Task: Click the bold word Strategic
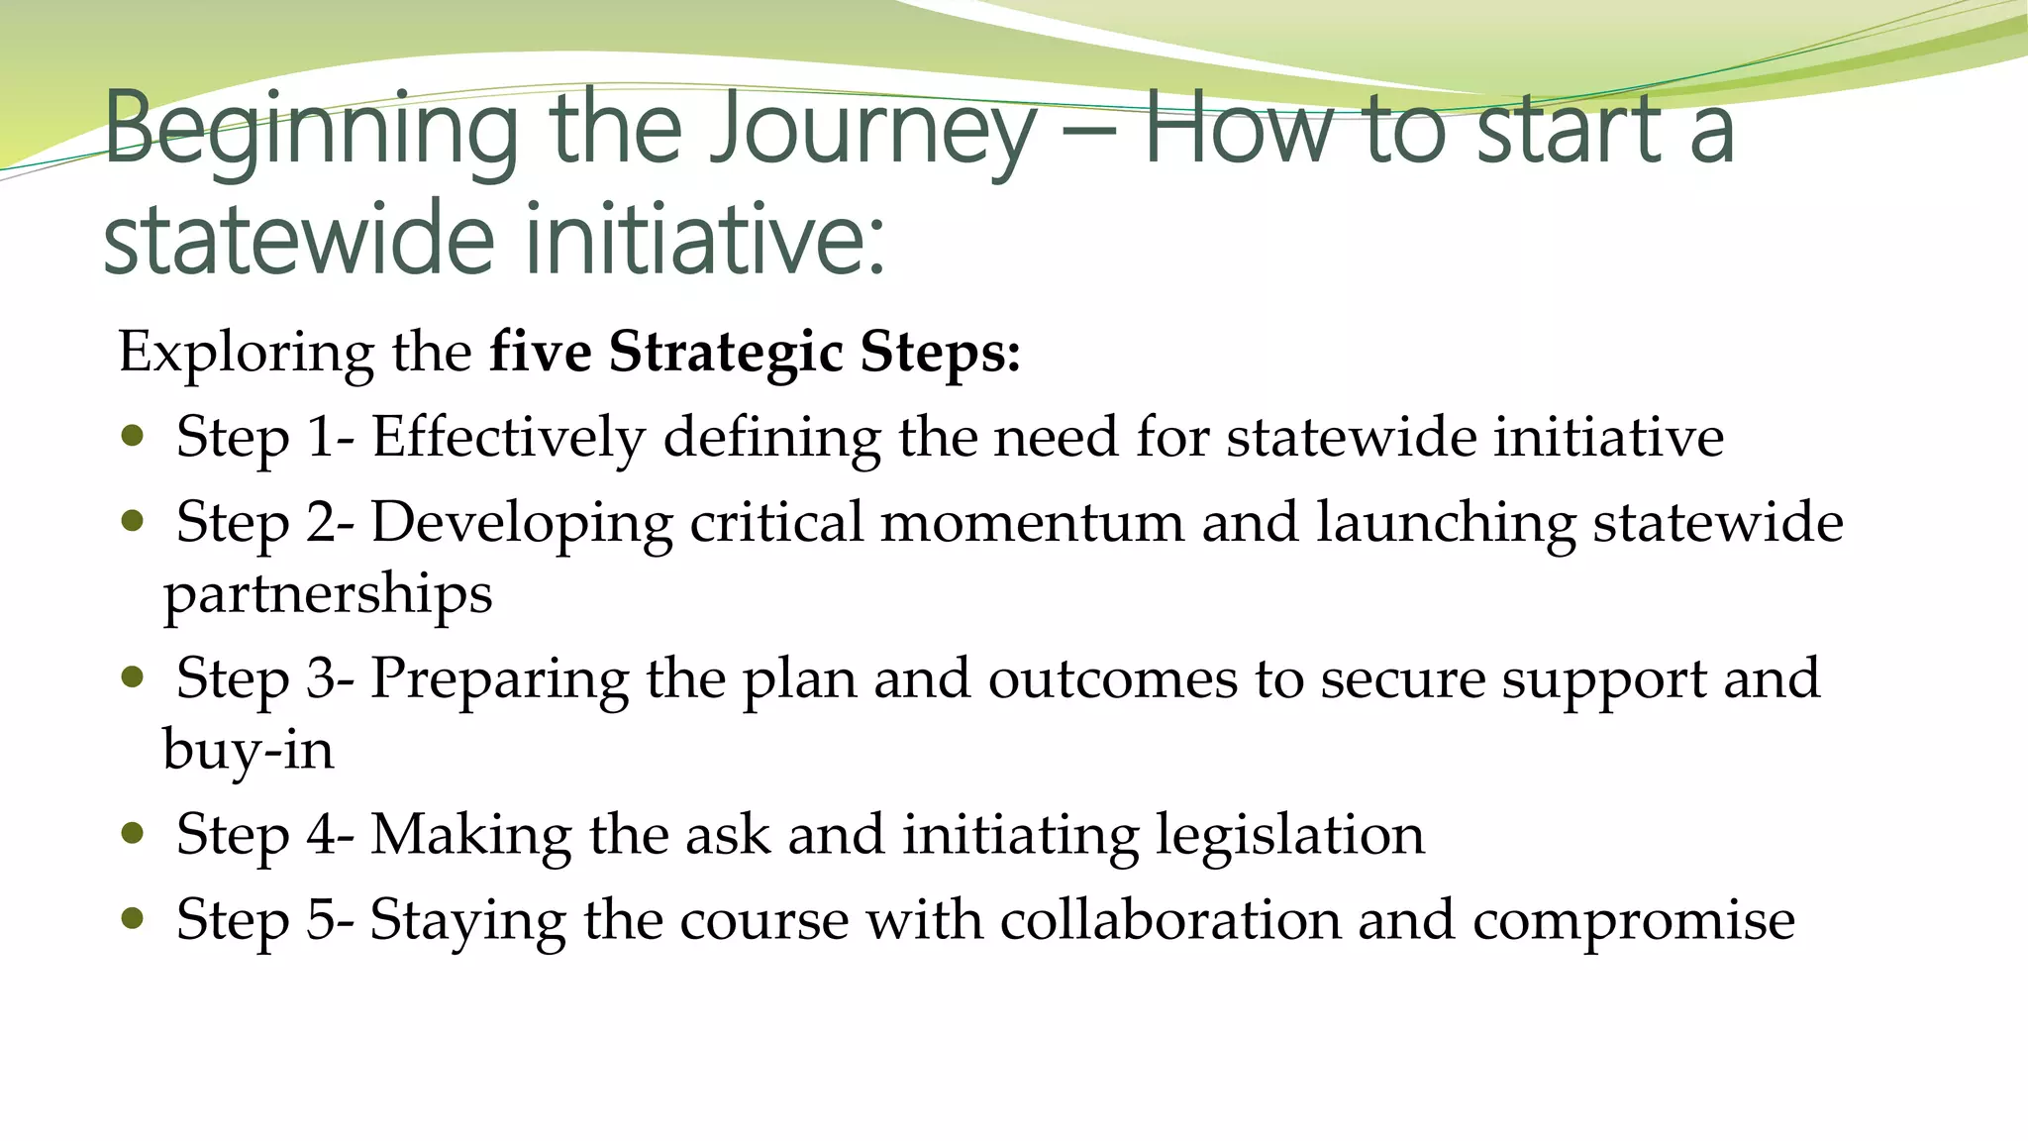[x=726, y=351]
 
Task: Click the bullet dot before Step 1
[x=133, y=436]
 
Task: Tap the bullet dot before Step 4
[x=133, y=833]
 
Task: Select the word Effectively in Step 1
[x=508, y=437]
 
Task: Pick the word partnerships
[x=328, y=595]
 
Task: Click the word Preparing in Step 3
[x=499, y=680]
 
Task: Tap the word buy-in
[x=248, y=750]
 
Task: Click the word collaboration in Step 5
[x=1169, y=920]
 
